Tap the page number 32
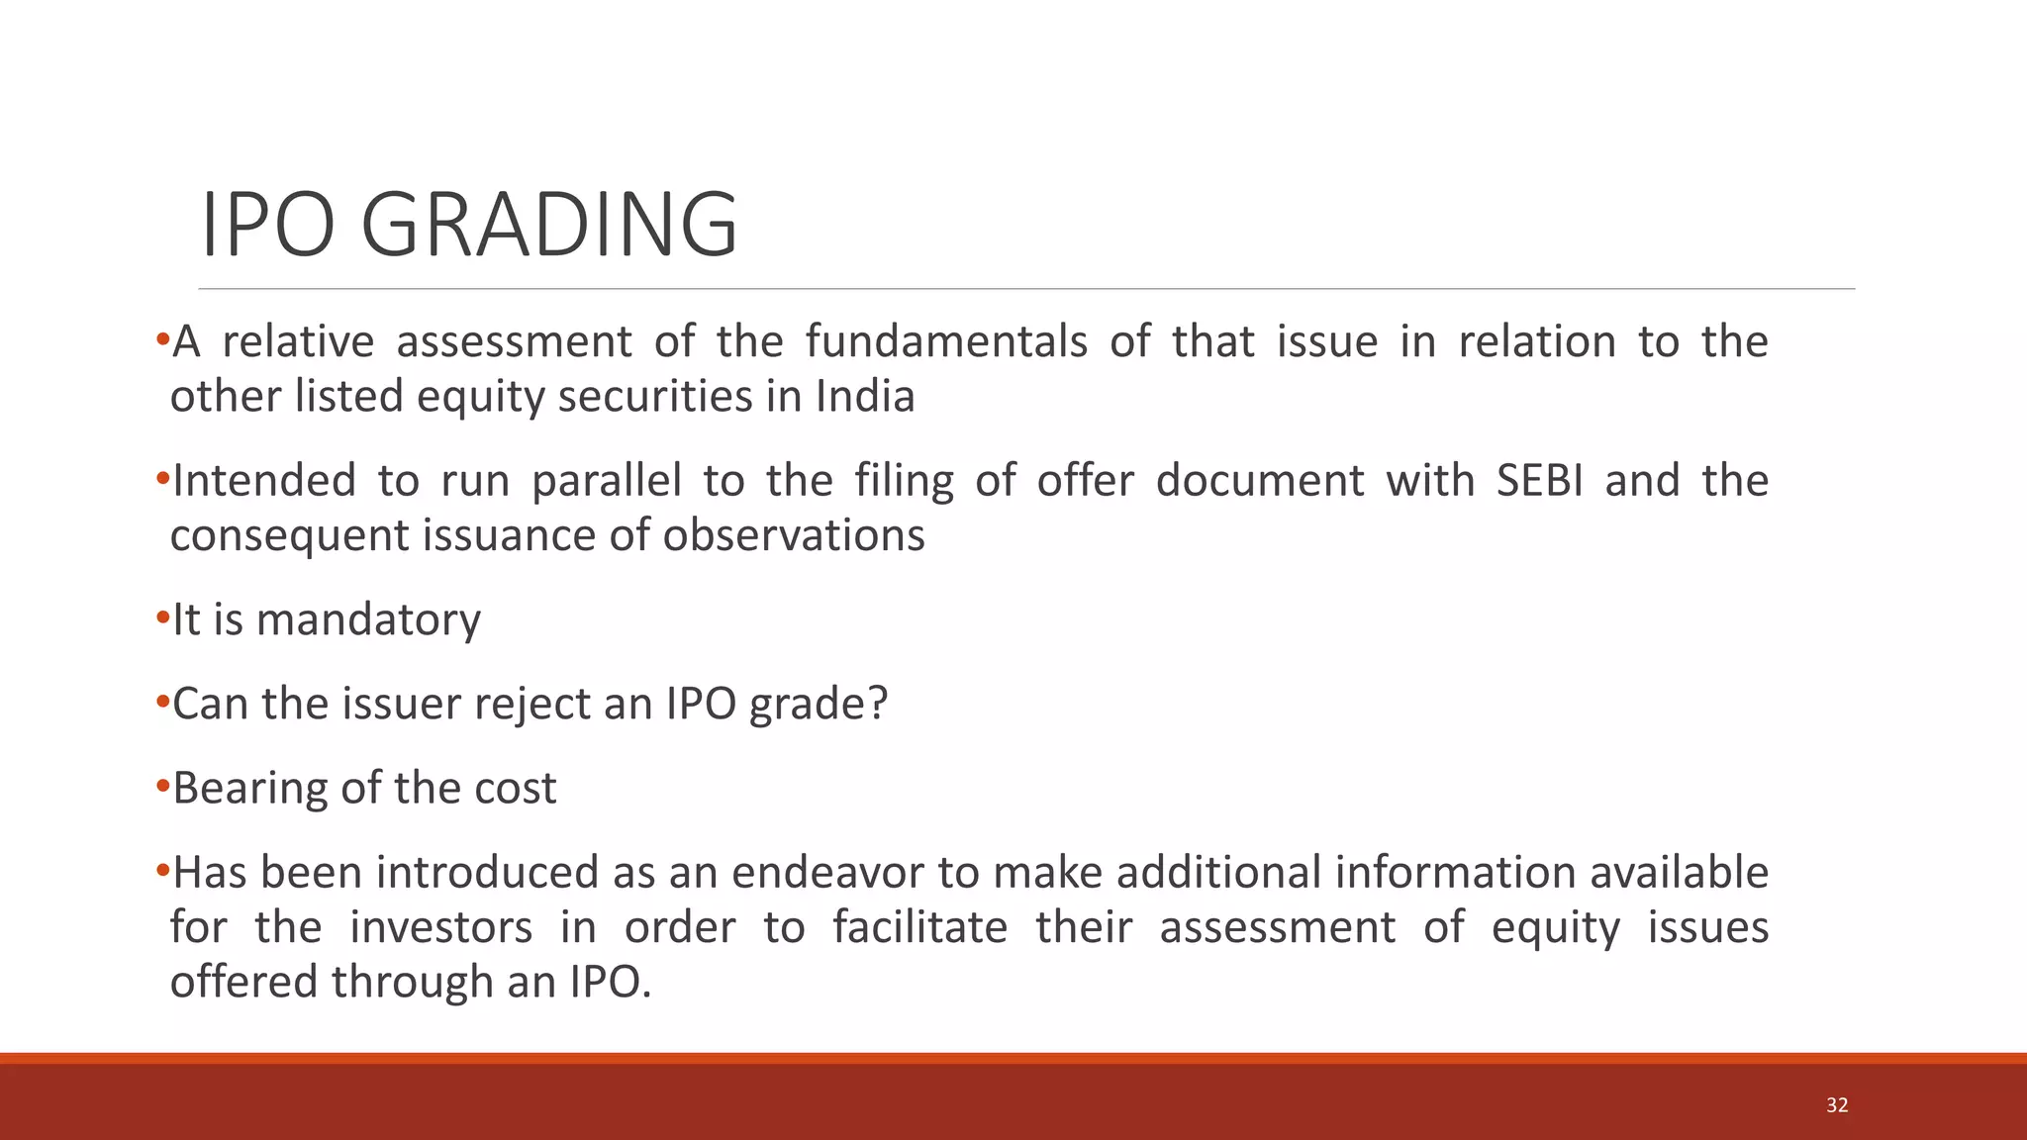[x=1837, y=1105]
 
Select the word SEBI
[x=1539, y=481]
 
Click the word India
[x=865, y=397]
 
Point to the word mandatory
[x=368, y=620]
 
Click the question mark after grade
[x=878, y=704]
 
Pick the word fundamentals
[x=945, y=342]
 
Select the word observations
[x=794, y=535]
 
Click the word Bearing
[x=250, y=789]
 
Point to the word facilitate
[x=919, y=928]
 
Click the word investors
[x=440, y=928]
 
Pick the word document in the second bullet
[x=1259, y=481]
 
